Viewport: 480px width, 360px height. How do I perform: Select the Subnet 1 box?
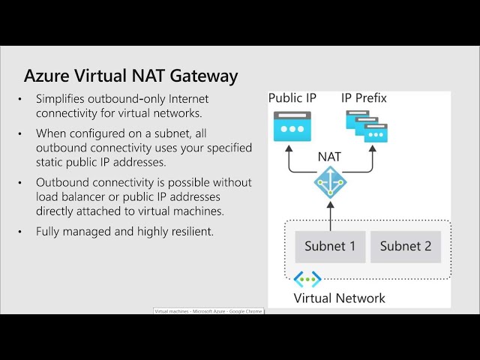330,246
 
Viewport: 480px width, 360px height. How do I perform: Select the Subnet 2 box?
405,246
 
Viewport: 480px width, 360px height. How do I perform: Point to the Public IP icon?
292,126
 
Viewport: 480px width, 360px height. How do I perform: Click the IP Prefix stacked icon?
367,126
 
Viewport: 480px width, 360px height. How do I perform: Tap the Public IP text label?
292,98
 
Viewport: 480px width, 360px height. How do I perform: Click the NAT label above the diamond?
330,157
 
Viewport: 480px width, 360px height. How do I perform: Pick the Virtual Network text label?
339,298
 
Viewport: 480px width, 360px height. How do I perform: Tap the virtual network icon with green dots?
307,280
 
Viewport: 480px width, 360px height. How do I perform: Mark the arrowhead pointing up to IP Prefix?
370,150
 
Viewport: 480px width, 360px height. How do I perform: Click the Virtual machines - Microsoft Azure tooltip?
208,310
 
